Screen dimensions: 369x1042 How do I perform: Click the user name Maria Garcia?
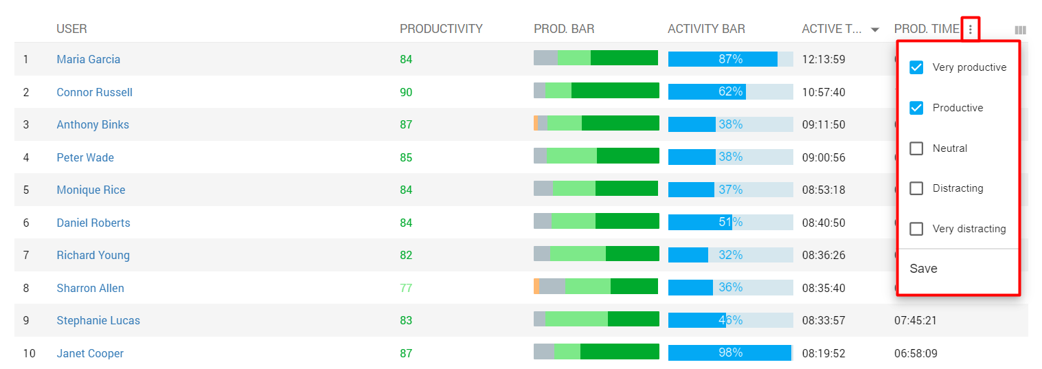click(88, 59)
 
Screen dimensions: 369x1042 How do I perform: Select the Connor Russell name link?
click(94, 92)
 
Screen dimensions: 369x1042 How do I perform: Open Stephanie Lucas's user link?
click(98, 320)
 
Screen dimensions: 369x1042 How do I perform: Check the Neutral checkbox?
click(916, 148)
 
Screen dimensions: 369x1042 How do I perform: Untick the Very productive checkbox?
click(916, 67)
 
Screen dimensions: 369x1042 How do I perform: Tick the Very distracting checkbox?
click(916, 229)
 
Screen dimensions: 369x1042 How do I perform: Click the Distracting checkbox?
click(916, 188)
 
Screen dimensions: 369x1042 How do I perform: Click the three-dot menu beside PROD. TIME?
click(970, 30)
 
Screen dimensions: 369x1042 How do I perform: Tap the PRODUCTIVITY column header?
click(441, 29)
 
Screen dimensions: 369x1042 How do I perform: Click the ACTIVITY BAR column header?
click(706, 29)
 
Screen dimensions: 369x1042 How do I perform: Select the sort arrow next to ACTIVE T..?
click(874, 30)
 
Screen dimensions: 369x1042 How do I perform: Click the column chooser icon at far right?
click(1020, 30)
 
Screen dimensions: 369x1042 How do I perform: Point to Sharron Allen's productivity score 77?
click(406, 288)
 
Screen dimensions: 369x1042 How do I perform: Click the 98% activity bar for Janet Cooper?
click(730, 353)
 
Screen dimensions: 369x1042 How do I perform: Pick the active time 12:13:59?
click(824, 59)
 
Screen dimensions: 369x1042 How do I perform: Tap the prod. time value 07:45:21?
click(915, 320)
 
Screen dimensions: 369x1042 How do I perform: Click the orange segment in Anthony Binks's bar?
click(536, 123)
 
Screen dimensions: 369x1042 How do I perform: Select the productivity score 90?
click(406, 92)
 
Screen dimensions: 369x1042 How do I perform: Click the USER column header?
click(71, 29)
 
